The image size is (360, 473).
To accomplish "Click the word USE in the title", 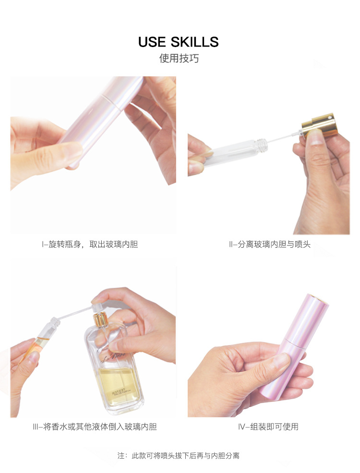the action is pyautogui.click(x=152, y=42).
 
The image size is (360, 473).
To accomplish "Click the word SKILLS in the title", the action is pyautogui.click(x=195, y=42).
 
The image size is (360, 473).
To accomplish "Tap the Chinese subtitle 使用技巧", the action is pyautogui.click(x=179, y=58).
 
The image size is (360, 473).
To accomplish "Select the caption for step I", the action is pyautogui.click(x=90, y=244).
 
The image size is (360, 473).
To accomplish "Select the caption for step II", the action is pyautogui.click(x=270, y=244).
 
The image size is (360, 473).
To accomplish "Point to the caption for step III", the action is pyautogui.click(x=95, y=427).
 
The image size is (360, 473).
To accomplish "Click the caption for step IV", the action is pyautogui.click(x=268, y=427).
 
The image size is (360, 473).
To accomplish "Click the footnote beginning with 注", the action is pyautogui.click(x=179, y=456).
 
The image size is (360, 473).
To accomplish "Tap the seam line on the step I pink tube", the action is pyautogui.click(x=111, y=102).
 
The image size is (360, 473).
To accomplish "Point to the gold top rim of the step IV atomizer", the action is pyautogui.click(x=319, y=298).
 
